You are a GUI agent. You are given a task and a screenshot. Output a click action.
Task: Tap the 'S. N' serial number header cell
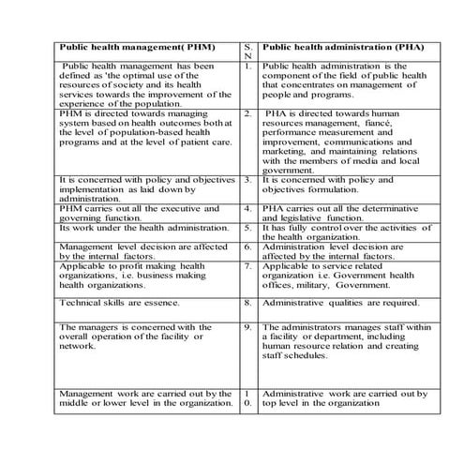[x=247, y=51]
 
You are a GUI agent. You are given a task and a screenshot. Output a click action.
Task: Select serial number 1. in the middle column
[x=247, y=67]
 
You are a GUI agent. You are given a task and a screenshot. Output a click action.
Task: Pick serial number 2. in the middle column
[x=247, y=113]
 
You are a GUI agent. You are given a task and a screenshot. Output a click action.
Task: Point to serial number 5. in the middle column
[x=247, y=227]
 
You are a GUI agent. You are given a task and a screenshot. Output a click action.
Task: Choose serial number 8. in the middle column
[x=247, y=304]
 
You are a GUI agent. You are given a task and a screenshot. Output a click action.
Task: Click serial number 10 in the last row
[x=247, y=399]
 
